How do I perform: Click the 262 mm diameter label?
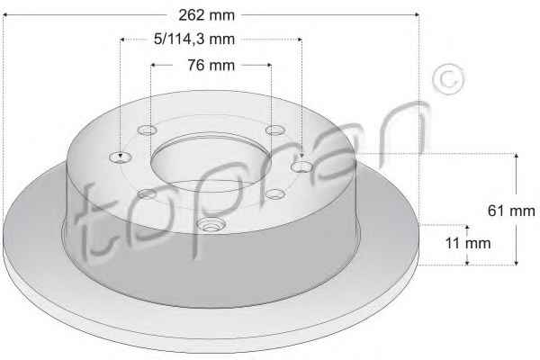206,15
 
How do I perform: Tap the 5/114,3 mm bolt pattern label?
194,39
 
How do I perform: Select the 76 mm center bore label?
211,65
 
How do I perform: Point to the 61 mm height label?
511,211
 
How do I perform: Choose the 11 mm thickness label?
468,243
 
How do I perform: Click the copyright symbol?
448,79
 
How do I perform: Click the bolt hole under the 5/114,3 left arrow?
121,157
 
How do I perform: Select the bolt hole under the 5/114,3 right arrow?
301,166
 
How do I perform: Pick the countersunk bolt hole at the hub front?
211,225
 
